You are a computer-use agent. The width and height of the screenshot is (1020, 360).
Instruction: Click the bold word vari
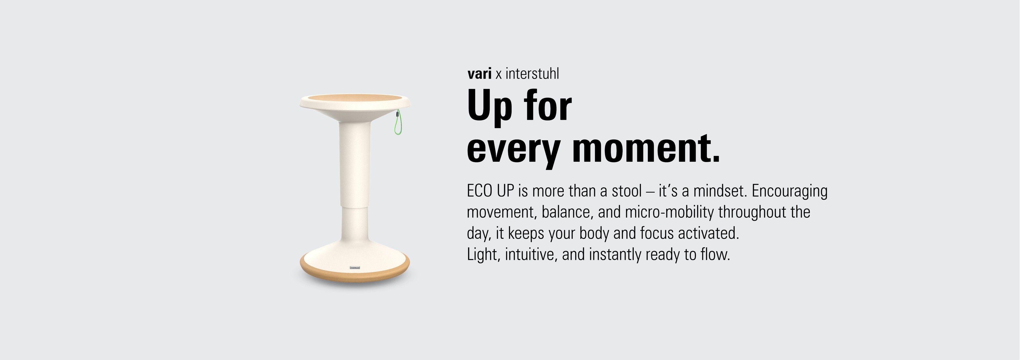point(479,74)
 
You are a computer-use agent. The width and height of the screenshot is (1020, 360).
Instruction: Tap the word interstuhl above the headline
point(532,73)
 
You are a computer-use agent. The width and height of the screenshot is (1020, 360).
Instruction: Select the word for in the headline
point(548,105)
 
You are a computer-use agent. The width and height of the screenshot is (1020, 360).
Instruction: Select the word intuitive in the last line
point(529,254)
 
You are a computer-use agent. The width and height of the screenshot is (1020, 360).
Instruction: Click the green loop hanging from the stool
point(397,122)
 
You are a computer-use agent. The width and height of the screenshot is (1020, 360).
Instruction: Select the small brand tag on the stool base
point(355,268)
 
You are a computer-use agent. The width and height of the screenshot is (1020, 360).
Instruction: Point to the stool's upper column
point(355,162)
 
